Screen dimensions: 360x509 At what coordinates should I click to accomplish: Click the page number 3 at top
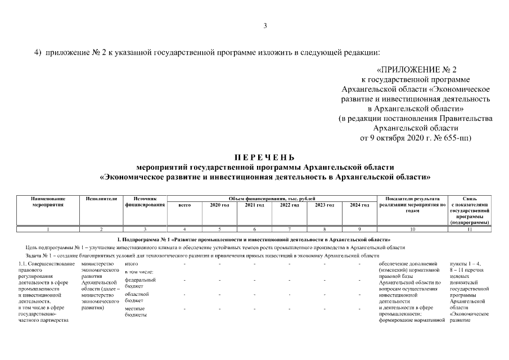tap(265, 25)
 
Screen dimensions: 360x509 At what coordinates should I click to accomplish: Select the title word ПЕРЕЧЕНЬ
tap(264, 157)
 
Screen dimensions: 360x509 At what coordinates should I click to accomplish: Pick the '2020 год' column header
tap(219, 205)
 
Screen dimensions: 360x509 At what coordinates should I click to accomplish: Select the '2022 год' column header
tap(290, 205)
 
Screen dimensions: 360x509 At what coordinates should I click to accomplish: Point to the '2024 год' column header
tap(359, 205)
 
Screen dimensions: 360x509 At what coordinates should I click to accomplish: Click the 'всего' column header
tap(184, 205)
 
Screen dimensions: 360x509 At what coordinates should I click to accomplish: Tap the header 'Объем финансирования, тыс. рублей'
tap(272, 199)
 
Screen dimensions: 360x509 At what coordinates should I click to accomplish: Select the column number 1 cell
tap(48, 229)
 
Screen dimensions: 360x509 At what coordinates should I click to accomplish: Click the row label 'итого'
tap(131, 263)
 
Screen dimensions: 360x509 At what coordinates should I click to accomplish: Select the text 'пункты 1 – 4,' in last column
tap(466, 263)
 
